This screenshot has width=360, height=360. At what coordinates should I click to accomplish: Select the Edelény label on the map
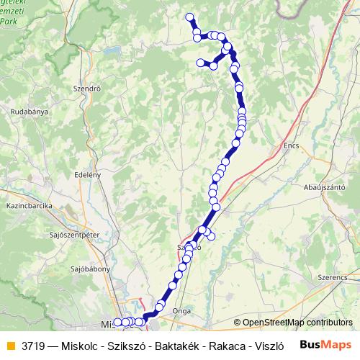87,175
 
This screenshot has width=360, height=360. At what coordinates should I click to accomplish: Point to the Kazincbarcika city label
27,206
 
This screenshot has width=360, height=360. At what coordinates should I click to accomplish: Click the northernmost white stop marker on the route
189,17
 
